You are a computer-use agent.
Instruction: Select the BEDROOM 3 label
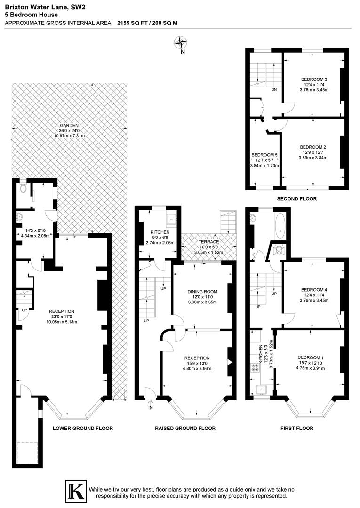point(313,79)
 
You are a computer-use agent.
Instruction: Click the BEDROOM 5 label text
point(265,155)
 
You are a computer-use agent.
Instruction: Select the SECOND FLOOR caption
point(296,199)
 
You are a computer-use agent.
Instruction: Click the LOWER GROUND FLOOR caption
point(82,428)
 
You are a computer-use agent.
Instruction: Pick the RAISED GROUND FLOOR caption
point(185,428)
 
